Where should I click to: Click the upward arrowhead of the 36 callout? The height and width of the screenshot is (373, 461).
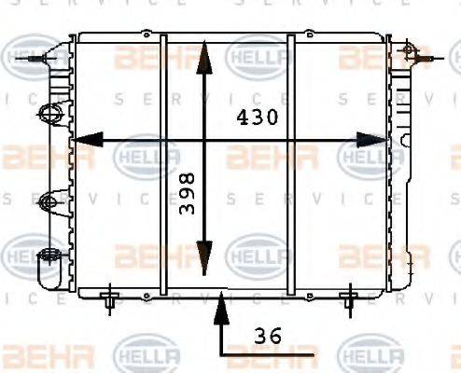point(220,302)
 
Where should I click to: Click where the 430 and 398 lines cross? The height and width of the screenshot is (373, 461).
point(205,140)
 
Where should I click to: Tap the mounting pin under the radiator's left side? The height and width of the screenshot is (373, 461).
point(110,299)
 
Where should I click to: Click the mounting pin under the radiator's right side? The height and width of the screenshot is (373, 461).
point(349,299)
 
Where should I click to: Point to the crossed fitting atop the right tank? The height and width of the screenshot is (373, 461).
point(407,48)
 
